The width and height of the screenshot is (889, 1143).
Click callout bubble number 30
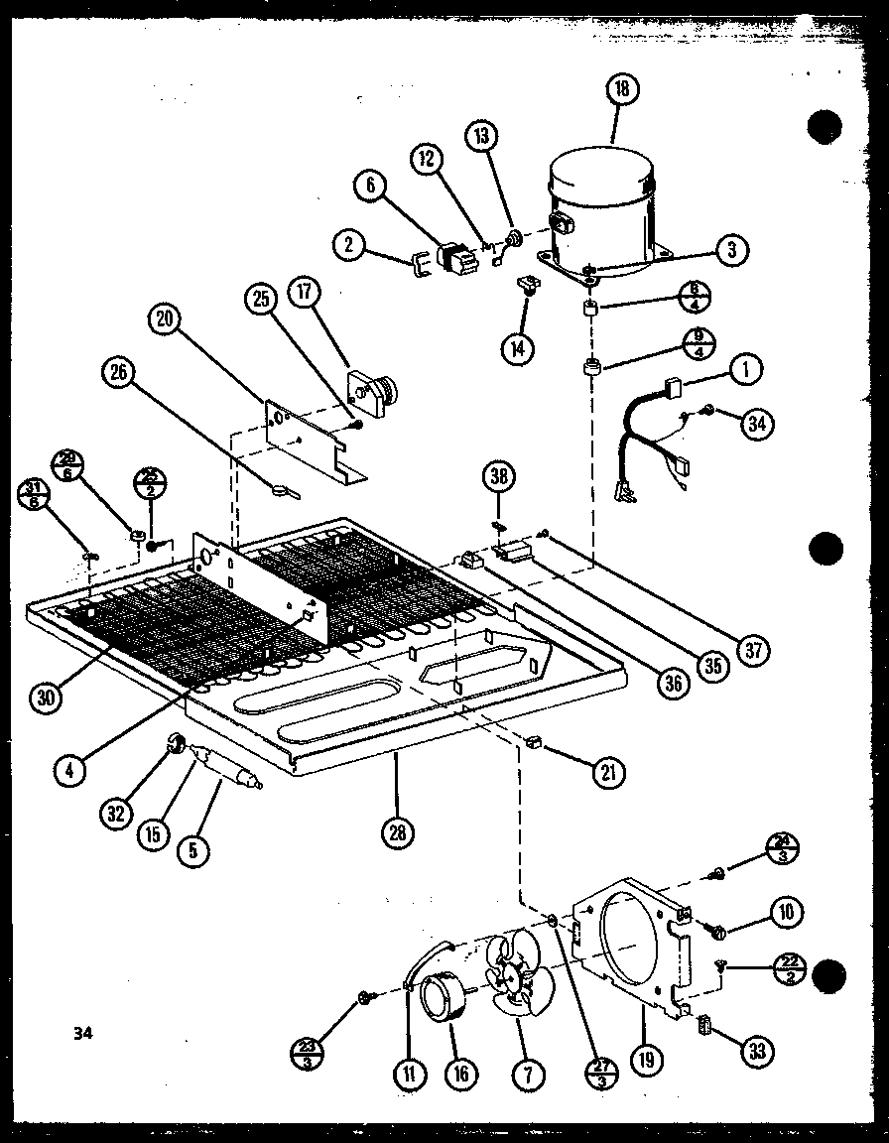(x=47, y=697)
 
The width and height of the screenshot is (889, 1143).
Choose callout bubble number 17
(x=304, y=294)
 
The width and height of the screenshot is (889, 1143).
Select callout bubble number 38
(x=499, y=477)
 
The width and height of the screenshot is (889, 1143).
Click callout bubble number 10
(x=785, y=912)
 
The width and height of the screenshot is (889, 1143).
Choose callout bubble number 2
(x=350, y=244)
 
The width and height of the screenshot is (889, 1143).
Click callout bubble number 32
(x=118, y=815)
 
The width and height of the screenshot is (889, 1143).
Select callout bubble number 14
(x=517, y=347)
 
